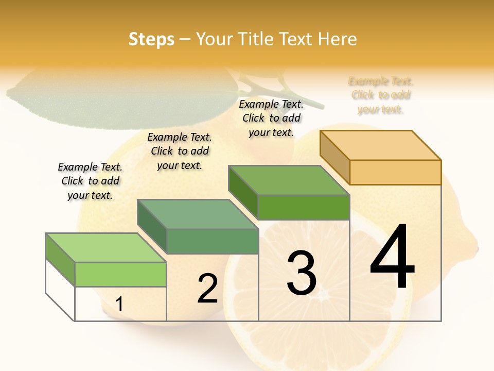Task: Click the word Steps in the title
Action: pyautogui.click(x=151, y=39)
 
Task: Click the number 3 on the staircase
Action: pyautogui.click(x=302, y=273)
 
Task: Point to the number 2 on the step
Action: pyautogui.click(x=207, y=289)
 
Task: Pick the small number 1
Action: pyautogui.click(x=119, y=305)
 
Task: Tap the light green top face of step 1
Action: pyautogui.click(x=106, y=248)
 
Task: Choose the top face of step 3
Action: pyautogui.click(x=289, y=180)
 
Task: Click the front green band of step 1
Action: pyautogui.click(x=120, y=274)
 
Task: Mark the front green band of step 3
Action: pyautogui.click(x=304, y=207)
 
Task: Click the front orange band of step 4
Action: pyautogui.click(x=395, y=172)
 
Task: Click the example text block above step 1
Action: pyautogui.click(x=90, y=181)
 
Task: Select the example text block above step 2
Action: pyautogui.click(x=180, y=151)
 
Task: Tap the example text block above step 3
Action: pyautogui.click(x=271, y=118)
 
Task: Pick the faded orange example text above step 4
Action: pyautogui.click(x=381, y=95)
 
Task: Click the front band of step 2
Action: pyautogui.click(x=212, y=241)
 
